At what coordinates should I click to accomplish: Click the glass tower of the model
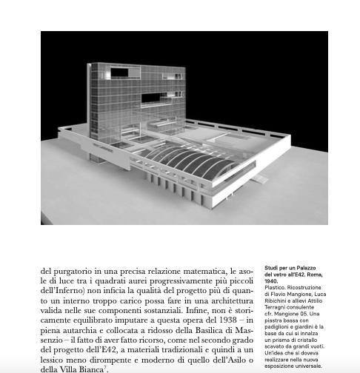click(137, 96)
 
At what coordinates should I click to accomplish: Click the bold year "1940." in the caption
click(271, 282)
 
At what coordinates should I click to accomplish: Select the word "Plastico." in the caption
click(276, 288)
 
